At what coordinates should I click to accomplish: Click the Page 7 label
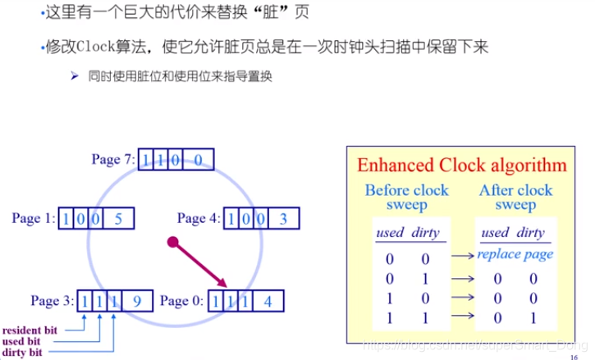click(112, 159)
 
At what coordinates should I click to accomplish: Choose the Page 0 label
click(181, 301)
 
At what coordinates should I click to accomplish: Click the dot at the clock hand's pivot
click(172, 242)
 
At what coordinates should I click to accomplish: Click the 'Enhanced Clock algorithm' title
click(461, 165)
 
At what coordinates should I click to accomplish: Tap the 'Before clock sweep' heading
click(406, 197)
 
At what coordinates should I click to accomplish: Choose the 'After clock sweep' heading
click(515, 197)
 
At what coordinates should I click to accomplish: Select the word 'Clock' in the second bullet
click(103, 45)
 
